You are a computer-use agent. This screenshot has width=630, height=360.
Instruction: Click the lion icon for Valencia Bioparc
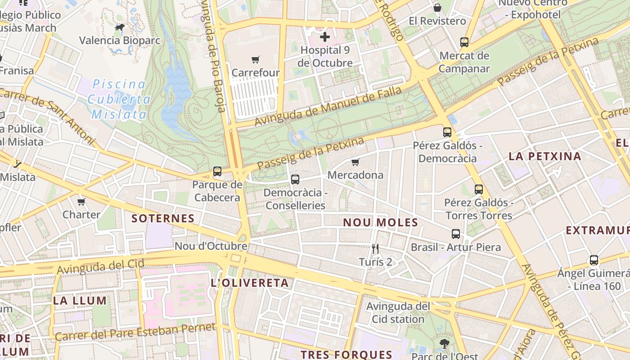(x=119, y=27)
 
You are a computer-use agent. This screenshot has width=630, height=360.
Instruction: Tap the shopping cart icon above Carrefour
(x=256, y=59)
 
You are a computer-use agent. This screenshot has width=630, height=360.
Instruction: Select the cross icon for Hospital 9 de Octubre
(x=324, y=37)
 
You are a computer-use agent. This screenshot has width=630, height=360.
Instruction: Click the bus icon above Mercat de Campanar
(x=464, y=42)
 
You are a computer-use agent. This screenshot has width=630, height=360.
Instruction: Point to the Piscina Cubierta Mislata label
(x=119, y=99)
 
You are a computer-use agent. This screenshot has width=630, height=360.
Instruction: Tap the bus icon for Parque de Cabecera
(x=217, y=171)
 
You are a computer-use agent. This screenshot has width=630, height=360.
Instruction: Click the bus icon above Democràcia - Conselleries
(x=295, y=180)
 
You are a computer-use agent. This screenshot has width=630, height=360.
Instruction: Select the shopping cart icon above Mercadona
(x=355, y=162)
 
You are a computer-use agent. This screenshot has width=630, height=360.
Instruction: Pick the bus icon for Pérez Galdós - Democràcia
(x=447, y=132)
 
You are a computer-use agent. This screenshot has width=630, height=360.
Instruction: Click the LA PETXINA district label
(x=544, y=157)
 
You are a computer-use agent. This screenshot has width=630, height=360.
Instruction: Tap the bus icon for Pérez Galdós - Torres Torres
(x=478, y=189)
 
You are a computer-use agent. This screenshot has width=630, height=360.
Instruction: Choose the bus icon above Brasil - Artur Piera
(x=456, y=234)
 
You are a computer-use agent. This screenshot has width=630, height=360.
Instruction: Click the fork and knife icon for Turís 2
(x=375, y=248)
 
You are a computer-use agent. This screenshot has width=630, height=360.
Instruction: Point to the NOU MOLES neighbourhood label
(x=380, y=222)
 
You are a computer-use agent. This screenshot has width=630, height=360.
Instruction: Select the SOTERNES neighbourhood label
(x=163, y=219)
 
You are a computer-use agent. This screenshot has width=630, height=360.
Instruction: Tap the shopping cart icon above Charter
(x=81, y=202)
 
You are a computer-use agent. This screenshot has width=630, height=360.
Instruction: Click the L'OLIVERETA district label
(x=249, y=283)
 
